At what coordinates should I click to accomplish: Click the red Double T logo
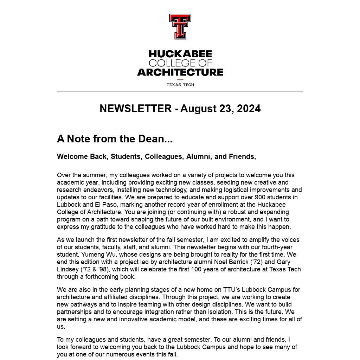pyautogui.click(x=180, y=26)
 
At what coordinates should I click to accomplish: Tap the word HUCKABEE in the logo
pyautogui.click(x=180, y=54)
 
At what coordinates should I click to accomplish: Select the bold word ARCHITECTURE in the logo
pyautogui.click(x=180, y=72)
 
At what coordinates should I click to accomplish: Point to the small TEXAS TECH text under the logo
pyautogui.click(x=180, y=85)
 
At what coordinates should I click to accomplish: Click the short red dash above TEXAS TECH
pyautogui.click(x=180, y=80)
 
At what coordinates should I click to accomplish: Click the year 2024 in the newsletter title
pyautogui.click(x=249, y=109)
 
